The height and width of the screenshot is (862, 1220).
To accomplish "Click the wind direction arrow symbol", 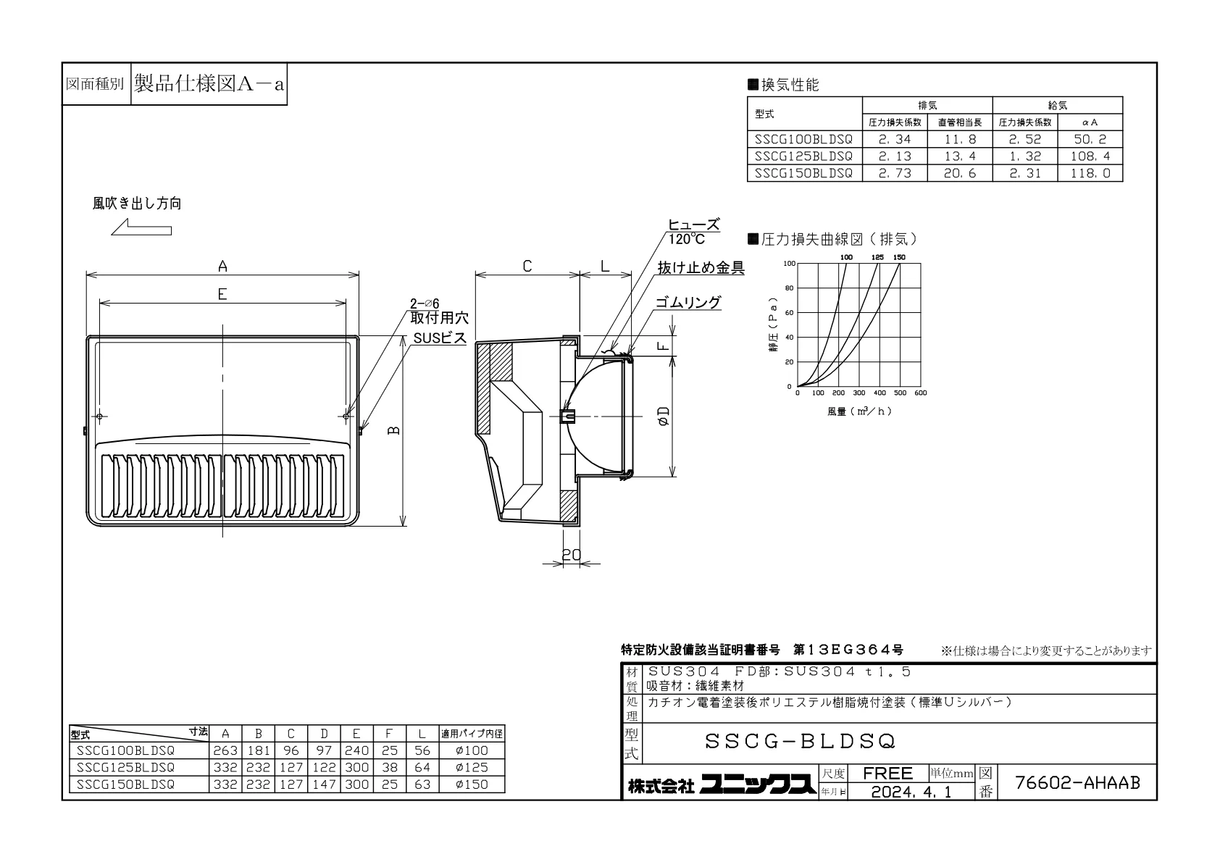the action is click(141, 227).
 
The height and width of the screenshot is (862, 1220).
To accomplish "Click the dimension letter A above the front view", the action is click(222, 267).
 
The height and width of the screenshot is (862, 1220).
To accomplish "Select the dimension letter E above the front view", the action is click(222, 294).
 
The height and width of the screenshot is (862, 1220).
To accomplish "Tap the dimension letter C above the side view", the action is click(527, 267).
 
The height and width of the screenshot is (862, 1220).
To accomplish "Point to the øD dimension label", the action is click(664, 416).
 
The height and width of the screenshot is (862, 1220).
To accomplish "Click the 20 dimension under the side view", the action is click(572, 554).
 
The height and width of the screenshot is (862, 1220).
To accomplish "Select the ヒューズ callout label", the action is click(694, 225).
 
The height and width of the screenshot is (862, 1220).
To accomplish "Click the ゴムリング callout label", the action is click(688, 302).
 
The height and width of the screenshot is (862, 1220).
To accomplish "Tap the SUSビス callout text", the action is click(440, 338).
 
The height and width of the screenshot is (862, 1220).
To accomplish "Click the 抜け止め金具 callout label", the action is click(701, 268).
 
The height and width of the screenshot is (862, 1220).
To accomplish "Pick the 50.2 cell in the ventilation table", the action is click(1090, 139).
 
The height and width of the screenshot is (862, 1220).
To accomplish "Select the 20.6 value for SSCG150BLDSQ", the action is click(960, 173).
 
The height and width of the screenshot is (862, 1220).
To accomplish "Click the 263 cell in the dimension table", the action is click(225, 751).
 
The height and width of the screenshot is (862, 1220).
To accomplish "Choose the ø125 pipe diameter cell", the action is click(472, 768).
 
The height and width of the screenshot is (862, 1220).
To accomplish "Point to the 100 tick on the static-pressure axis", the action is click(789, 264).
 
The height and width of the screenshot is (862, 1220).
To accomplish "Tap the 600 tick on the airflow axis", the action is click(921, 393).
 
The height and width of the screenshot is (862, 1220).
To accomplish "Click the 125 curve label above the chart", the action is click(877, 257).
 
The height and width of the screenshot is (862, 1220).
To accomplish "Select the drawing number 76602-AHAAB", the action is click(1077, 783).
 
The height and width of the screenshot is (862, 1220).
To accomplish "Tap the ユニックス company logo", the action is click(758, 784).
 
